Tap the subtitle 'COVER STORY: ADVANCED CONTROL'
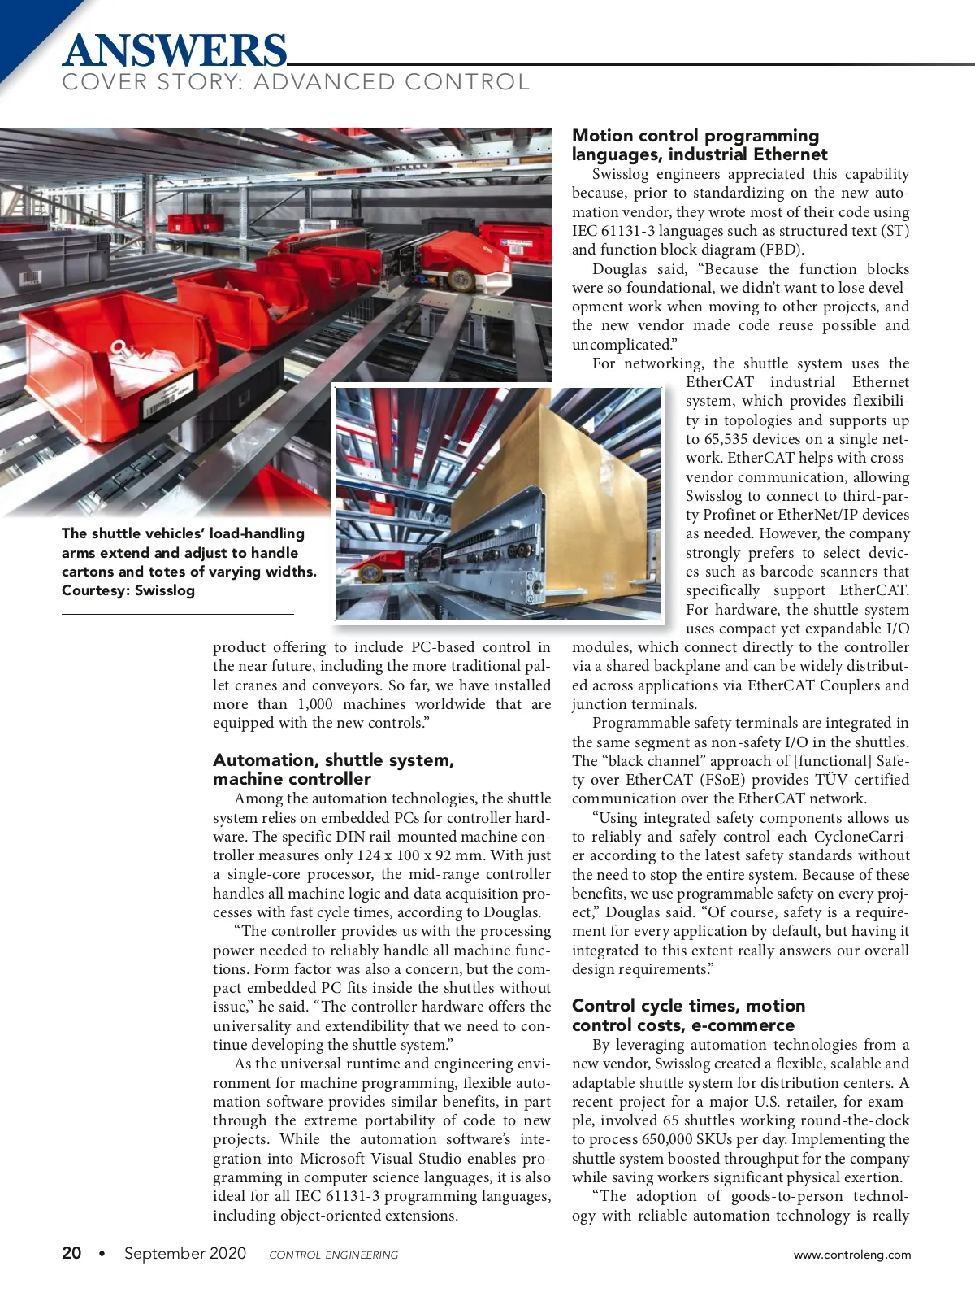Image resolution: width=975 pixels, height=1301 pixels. click(x=296, y=82)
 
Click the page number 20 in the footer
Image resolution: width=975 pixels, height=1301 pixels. click(x=71, y=1253)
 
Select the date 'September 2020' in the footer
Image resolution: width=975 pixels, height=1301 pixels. click(x=185, y=1253)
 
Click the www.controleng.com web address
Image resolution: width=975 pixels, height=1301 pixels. click(x=852, y=1255)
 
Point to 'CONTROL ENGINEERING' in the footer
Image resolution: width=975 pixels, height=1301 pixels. click(x=334, y=1255)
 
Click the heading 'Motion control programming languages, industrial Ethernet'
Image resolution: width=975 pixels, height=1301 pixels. click(x=699, y=145)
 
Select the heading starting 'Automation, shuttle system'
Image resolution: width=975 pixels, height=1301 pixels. click(x=333, y=769)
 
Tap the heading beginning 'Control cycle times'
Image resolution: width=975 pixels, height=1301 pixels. click(x=688, y=1015)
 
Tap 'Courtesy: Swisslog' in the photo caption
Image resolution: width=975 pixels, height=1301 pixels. click(x=128, y=590)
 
